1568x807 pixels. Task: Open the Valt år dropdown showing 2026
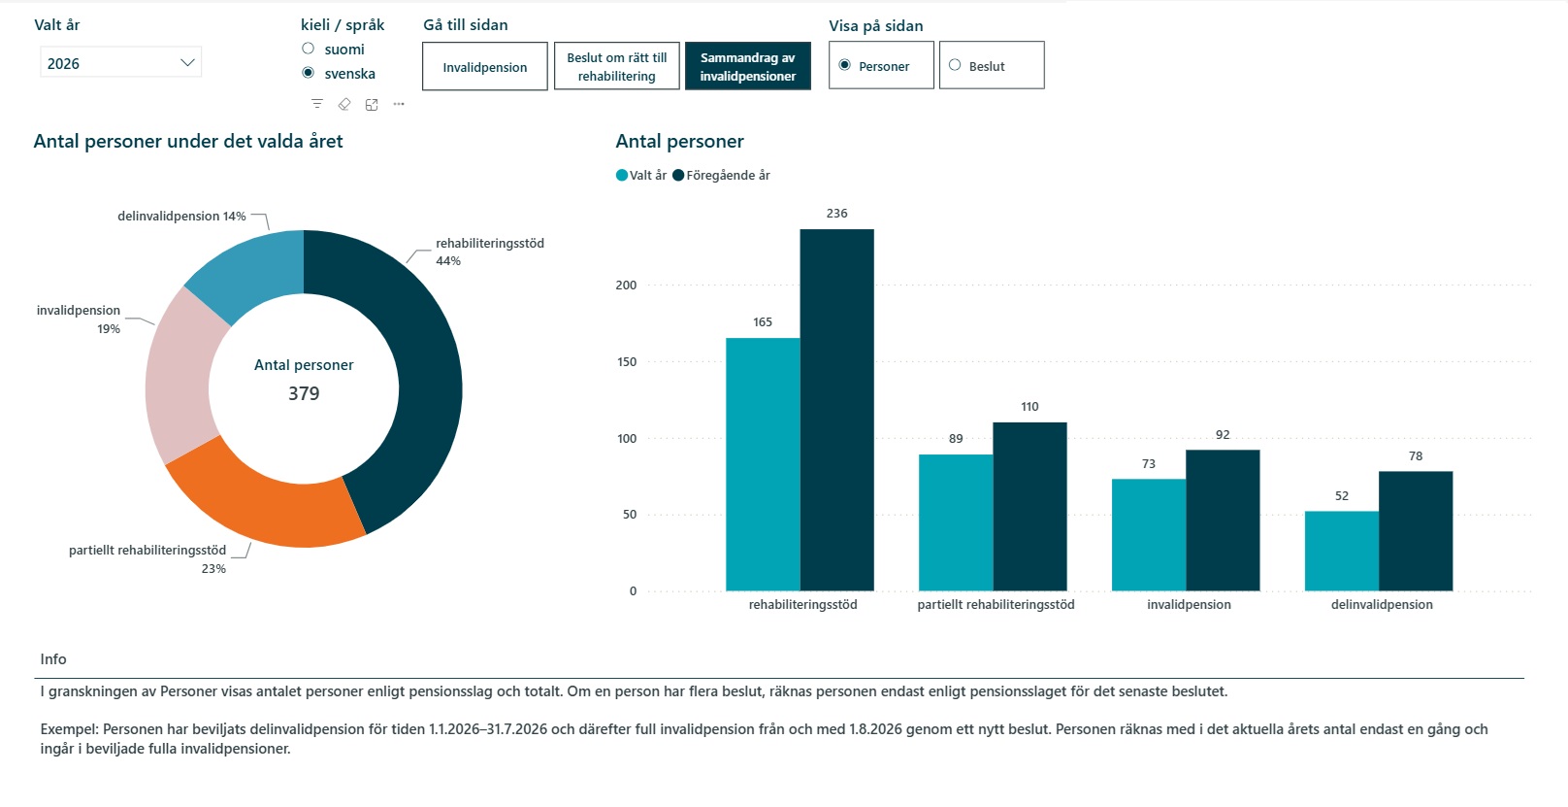pyautogui.click(x=120, y=63)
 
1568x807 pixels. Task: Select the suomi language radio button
pyautogui.click(x=308, y=49)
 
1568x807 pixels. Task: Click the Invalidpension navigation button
pyautogui.click(x=484, y=67)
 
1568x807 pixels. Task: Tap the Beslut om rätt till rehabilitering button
pyautogui.click(x=616, y=67)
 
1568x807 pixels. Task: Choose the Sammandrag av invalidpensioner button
pyautogui.click(x=747, y=67)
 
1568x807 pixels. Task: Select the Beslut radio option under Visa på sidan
pyautogui.click(x=955, y=65)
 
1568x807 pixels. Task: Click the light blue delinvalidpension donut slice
pyautogui.click(x=252, y=270)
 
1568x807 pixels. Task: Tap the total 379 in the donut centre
pyautogui.click(x=304, y=393)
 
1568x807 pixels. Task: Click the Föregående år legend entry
pyautogui.click(x=721, y=175)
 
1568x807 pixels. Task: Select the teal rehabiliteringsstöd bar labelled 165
pyautogui.click(x=763, y=464)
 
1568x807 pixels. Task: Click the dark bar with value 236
pyautogui.click(x=837, y=410)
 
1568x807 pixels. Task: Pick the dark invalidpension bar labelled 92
pyautogui.click(x=1223, y=521)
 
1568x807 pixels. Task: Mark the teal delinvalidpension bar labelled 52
pyautogui.click(x=1342, y=552)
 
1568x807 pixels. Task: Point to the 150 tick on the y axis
pyautogui.click(x=627, y=362)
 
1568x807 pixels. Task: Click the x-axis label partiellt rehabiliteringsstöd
pyautogui.click(x=996, y=605)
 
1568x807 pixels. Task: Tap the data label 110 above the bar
pyautogui.click(x=1029, y=407)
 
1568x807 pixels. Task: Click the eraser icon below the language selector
pyautogui.click(x=344, y=104)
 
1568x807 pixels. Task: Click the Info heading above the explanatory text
pyautogui.click(x=53, y=659)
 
